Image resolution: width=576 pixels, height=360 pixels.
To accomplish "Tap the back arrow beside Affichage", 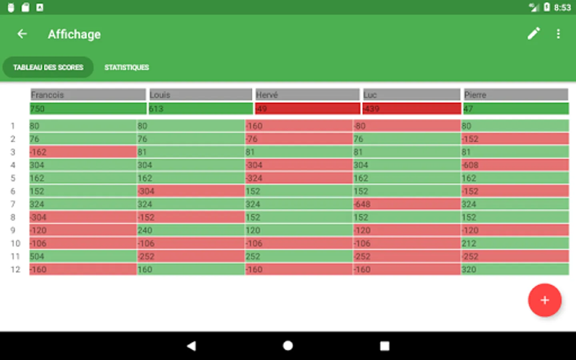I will [22, 34].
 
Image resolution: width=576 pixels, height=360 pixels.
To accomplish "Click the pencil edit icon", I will [534, 34].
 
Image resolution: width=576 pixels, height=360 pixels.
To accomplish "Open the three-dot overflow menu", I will [558, 34].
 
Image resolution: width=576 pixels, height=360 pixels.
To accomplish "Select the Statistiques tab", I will [126, 67].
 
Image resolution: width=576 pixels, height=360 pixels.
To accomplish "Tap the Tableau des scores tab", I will [48, 67].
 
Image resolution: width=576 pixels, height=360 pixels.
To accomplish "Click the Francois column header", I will [88, 95].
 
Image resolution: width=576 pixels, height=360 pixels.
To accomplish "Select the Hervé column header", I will [307, 95].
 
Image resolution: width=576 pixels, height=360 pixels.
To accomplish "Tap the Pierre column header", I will [516, 95].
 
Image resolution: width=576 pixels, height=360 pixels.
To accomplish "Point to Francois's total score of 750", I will [88, 109].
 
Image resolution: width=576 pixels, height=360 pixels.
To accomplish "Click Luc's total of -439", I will [412, 109].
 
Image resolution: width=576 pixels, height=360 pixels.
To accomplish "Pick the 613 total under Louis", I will [200, 109].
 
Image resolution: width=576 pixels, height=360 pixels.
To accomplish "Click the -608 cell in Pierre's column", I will [514, 165].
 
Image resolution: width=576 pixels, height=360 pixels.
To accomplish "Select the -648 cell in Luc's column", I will [406, 204].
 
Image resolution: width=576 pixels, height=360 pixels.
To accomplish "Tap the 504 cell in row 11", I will [83, 256].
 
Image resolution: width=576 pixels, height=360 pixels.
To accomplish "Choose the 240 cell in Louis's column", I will [190, 230].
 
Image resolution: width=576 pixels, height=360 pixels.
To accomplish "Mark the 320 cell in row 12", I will [514, 270].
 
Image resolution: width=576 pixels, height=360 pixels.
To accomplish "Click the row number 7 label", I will [13, 204].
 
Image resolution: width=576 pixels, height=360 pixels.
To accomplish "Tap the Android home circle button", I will [288, 346].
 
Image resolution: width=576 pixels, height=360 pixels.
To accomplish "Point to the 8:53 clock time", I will [562, 8].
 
